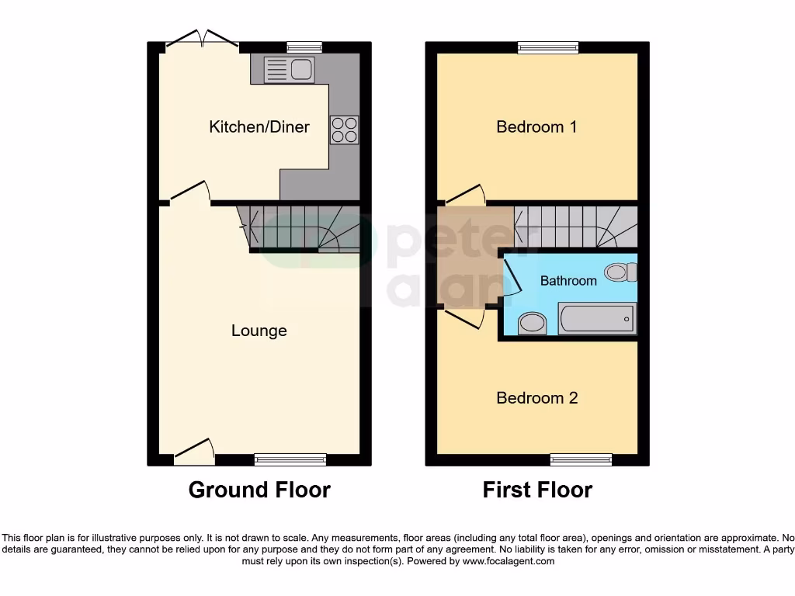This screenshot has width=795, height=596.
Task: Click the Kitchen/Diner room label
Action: pyautogui.click(x=259, y=126)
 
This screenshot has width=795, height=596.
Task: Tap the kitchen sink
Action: pyautogui.click(x=289, y=71)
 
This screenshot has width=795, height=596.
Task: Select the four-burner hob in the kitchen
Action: pyautogui.click(x=344, y=130)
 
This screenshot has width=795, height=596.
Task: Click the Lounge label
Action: pyautogui.click(x=259, y=331)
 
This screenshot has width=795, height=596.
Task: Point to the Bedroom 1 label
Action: pyautogui.click(x=536, y=126)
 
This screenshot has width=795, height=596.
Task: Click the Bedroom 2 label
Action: pyautogui.click(x=537, y=398)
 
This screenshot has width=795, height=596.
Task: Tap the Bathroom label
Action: pyautogui.click(x=568, y=280)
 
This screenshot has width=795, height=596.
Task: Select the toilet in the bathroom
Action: pyautogui.click(x=621, y=272)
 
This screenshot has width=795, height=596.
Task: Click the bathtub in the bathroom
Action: pyautogui.click(x=596, y=319)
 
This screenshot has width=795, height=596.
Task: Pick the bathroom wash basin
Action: pyautogui.click(x=532, y=324)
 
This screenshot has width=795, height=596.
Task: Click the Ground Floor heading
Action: pyautogui.click(x=259, y=490)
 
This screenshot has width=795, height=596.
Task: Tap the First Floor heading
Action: pyautogui.click(x=537, y=490)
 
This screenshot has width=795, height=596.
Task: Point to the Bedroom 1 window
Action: pyautogui.click(x=548, y=48)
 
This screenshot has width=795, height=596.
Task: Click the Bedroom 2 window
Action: pyautogui.click(x=581, y=459)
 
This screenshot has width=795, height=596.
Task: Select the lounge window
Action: pyautogui.click(x=290, y=459)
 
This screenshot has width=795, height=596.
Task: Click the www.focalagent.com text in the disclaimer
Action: pyautogui.click(x=509, y=561)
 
